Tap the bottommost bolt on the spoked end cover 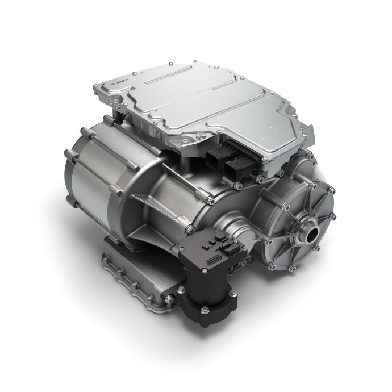(293, 267)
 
